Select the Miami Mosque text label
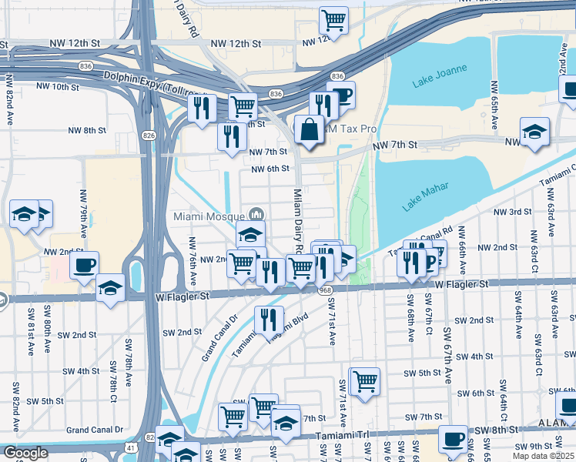[x=209, y=216]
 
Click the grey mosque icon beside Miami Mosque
[x=257, y=215]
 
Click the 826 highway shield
[x=149, y=136]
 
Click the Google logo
[x=25, y=453]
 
